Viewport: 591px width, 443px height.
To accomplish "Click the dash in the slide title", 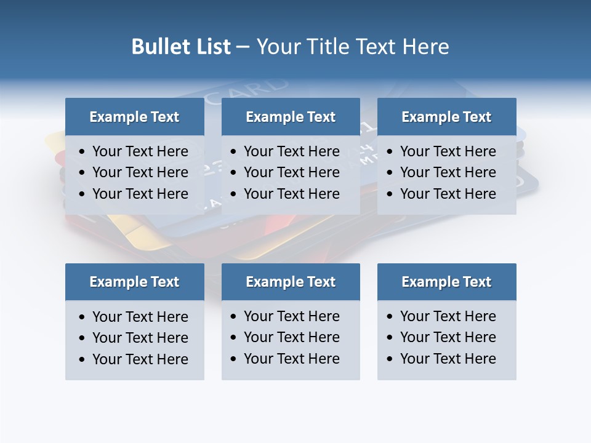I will point(243,47).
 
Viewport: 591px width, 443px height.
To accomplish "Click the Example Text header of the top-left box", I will point(134,117).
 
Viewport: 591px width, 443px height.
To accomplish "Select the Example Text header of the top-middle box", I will point(291,117).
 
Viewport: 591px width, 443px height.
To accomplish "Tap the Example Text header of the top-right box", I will point(446,117).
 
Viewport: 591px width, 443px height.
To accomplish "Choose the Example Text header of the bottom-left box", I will point(134,282).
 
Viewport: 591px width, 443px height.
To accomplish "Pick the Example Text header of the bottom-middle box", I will point(291,282).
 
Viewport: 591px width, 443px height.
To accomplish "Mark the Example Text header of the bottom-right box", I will point(446,282).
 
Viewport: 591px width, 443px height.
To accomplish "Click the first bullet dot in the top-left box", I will point(82,152).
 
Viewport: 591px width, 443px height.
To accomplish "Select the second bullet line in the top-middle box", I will point(291,172).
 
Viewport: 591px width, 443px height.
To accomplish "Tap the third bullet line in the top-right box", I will point(448,194).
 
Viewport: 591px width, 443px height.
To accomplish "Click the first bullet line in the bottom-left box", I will point(140,317).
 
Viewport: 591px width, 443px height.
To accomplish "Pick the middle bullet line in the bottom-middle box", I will point(291,337).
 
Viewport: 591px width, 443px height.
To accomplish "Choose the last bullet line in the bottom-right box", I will point(448,359).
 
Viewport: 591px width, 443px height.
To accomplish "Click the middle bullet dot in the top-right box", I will point(390,173).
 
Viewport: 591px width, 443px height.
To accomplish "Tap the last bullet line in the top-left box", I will point(140,194).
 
